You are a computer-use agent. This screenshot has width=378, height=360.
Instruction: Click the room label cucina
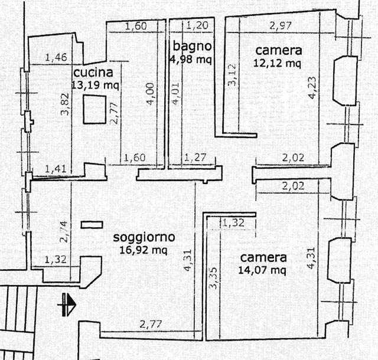93,73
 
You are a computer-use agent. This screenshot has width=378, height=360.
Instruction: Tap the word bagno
192,46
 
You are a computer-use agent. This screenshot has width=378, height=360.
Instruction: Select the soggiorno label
144,237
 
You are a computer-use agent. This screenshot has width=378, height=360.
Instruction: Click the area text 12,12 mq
277,63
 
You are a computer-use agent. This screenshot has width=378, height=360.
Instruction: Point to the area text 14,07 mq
262,270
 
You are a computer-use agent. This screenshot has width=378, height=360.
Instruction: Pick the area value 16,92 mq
143,250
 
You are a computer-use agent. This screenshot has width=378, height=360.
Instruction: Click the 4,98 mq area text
191,59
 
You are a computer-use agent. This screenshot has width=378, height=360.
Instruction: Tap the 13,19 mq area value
96,85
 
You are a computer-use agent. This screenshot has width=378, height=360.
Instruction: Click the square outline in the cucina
94,110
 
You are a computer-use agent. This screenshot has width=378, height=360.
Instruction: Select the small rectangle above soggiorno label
92,225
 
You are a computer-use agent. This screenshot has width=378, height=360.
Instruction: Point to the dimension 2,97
281,25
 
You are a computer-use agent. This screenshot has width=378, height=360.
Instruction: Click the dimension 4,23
312,87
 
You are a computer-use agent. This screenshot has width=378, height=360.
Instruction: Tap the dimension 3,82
65,104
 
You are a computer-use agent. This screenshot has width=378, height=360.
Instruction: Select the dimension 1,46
56,57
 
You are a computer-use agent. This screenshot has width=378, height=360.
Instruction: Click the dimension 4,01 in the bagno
176,94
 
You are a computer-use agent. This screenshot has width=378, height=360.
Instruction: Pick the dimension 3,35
214,278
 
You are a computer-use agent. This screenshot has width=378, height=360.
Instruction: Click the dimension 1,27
195,158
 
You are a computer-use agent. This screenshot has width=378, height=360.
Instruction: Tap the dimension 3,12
232,74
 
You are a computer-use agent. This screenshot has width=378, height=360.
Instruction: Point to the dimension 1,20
197,25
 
